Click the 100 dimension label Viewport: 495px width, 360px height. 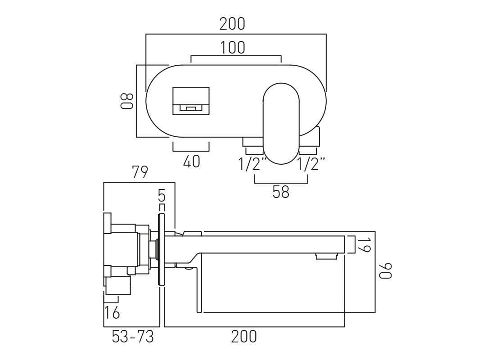point(233,48)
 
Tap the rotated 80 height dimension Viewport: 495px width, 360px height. point(127,101)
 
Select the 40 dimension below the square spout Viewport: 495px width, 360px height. point(191,162)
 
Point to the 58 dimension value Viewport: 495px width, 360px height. point(281,193)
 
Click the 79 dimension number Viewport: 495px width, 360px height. point(139,172)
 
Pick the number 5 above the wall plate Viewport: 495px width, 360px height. point(162,196)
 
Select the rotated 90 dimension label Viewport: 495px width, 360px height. point(386,271)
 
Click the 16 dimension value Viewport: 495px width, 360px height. point(112,312)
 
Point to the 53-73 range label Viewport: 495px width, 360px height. point(133,337)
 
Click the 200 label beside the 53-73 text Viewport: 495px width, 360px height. point(244,337)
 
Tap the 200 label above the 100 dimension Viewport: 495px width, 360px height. point(232,24)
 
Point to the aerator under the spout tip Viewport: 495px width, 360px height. point(326,256)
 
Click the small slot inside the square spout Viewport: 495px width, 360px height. point(191,108)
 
